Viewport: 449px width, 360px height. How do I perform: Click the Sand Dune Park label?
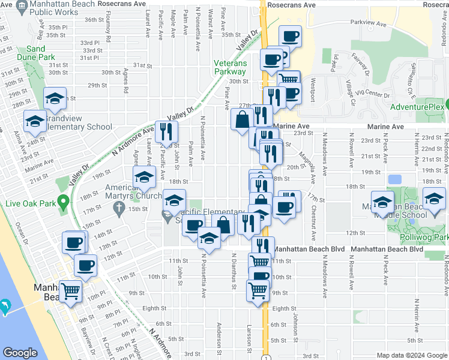pos(40,53)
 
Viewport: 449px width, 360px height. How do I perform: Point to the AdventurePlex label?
pos(416,107)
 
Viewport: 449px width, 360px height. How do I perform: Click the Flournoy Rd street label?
pos(109,31)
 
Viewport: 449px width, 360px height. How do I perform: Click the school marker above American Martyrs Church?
pos(144,176)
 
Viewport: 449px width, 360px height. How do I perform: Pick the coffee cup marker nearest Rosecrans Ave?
pos(291,36)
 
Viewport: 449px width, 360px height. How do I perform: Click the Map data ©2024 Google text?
pos(411,355)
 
